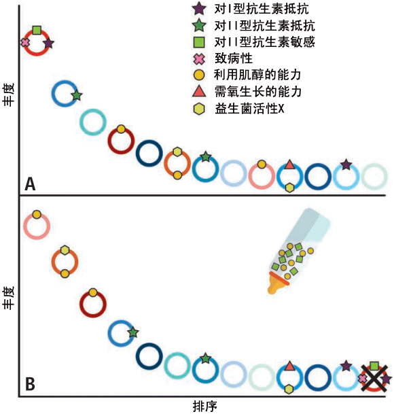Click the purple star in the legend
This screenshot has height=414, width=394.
tap(199, 9)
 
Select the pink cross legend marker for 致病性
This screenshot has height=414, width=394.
tap(199, 59)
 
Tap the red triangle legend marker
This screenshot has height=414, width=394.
tap(199, 92)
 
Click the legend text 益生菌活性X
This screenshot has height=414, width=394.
tap(249, 109)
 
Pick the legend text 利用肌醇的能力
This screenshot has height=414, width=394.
tap(257, 75)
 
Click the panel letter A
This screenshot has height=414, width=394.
tap(30, 184)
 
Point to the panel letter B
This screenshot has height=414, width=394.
tap(30, 384)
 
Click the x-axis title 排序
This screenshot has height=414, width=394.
tap(204, 406)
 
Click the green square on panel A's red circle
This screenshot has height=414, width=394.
tap(37, 31)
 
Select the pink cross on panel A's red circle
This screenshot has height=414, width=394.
tap(25, 42)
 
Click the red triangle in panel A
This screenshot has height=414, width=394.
tap(289, 165)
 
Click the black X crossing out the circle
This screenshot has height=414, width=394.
tap(374, 379)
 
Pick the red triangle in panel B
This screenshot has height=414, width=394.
tap(289, 366)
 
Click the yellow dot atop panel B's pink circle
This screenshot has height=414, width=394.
tap(37, 214)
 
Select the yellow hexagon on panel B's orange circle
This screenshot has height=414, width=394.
tap(65, 249)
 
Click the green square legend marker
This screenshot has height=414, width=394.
tap(199, 42)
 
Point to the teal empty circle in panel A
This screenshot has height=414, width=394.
tap(93, 122)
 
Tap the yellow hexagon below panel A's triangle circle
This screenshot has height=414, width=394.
tap(289, 188)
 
